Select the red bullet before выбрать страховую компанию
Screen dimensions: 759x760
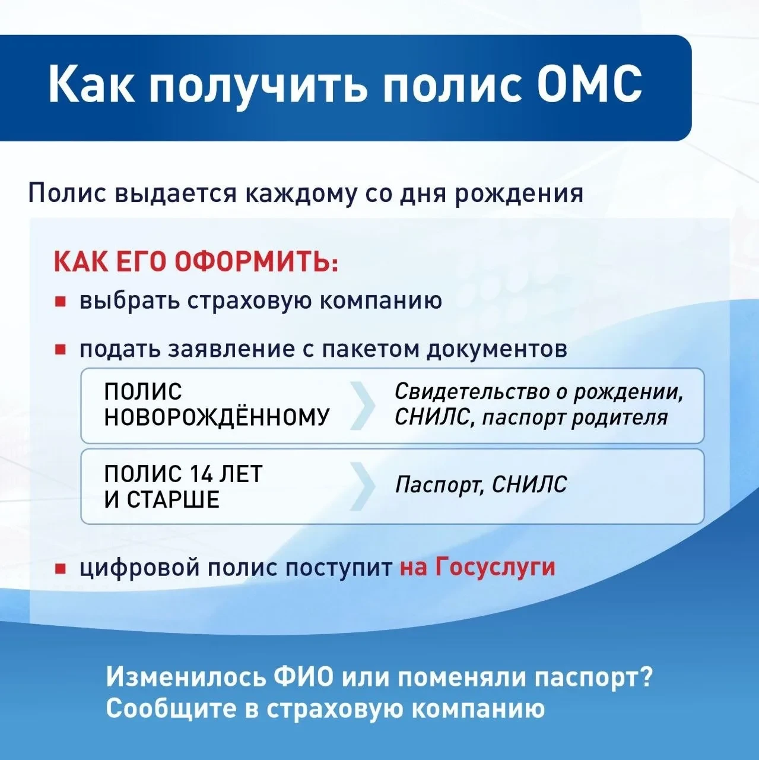point(60,302)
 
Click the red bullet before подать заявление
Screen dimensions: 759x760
point(60,350)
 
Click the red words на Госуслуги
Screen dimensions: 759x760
point(478,568)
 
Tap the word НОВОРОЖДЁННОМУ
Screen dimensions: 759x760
point(217,416)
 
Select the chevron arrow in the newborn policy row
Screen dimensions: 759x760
point(362,405)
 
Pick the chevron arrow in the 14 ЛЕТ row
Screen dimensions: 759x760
point(362,486)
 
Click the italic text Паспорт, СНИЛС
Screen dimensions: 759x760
point(481,484)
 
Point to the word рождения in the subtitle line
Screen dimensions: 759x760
point(519,193)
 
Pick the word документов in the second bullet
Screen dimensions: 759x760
point(497,349)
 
